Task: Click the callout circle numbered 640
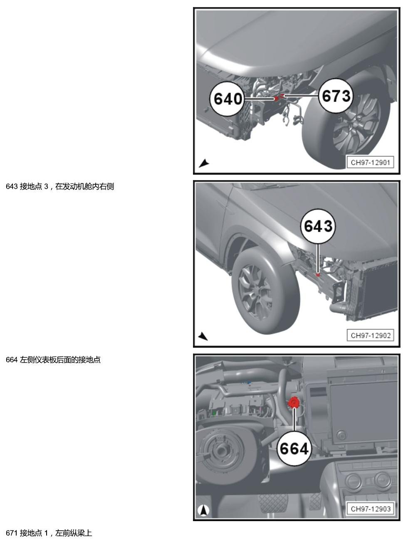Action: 227,99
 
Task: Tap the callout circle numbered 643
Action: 318,226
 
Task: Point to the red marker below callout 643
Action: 318,274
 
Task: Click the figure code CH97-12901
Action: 370,163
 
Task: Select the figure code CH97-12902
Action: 370,336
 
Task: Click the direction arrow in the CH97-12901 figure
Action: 204,163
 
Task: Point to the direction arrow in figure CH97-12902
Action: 203,336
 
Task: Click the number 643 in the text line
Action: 12,186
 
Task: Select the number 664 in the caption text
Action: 12,360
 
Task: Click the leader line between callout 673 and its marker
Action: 301,95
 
